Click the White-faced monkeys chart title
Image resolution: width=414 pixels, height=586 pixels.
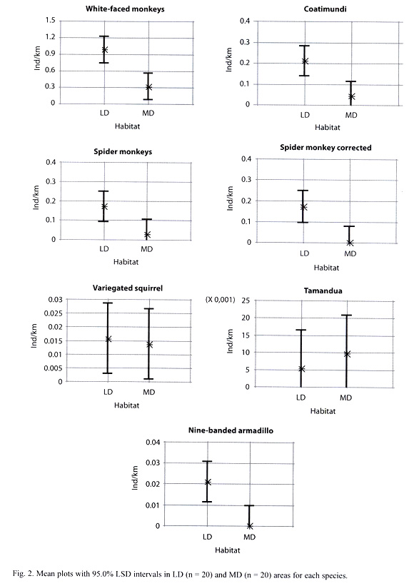125,9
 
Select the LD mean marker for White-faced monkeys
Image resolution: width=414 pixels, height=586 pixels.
105,49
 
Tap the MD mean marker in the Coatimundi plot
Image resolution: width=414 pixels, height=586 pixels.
351,97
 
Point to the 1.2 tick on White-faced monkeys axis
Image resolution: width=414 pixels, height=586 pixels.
51,37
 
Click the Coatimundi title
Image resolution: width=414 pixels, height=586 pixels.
325,9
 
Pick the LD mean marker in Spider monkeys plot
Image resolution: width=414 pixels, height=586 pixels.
104,206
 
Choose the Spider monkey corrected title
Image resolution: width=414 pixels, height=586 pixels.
325,148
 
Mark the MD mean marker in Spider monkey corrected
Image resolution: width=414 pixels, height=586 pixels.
350,243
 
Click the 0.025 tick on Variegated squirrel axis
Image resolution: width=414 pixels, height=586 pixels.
55,313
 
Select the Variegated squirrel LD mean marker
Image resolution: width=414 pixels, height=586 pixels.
108,339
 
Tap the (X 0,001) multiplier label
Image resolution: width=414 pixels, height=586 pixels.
221,300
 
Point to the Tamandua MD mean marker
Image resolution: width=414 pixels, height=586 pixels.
347,354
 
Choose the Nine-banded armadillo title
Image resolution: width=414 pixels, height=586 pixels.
231,430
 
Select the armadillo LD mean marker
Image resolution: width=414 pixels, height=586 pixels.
208,482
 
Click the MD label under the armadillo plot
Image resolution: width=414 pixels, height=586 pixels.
250,537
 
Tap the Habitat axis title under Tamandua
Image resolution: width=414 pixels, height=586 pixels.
323,411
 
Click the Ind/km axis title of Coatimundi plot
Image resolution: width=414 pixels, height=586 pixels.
229,60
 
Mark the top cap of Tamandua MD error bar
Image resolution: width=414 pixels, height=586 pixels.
346,315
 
